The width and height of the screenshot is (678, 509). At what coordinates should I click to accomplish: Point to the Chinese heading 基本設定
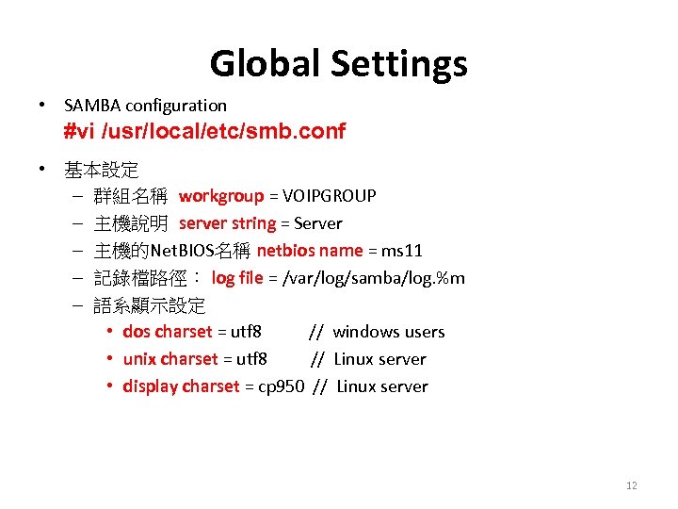point(102,171)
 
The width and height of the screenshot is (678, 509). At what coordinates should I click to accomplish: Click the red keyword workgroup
point(221,196)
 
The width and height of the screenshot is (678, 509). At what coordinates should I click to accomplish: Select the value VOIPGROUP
point(328,196)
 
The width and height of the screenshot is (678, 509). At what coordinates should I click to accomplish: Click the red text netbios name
point(310,251)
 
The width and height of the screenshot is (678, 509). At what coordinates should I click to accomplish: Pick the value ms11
point(402,251)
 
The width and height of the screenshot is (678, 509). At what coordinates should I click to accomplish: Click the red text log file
point(237,278)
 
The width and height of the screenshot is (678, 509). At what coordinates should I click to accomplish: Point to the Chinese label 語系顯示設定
point(150,305)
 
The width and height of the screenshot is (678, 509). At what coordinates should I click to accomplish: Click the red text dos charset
point(168,332)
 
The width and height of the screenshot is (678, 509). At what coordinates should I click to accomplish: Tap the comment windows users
point(389,332)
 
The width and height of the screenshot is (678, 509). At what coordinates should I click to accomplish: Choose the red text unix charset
point(169,359)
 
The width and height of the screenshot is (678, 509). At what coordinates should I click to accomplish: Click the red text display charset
point(182,386)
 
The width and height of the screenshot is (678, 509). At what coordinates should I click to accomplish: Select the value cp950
point(282,386)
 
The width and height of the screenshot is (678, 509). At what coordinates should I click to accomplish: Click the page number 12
point(631,485)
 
